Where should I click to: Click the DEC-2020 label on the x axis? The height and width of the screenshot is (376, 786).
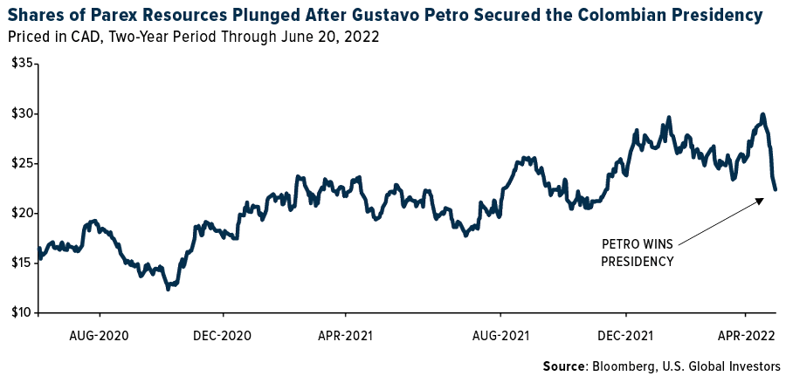[224, 335]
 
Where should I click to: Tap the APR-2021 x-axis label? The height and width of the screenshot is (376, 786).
[346, 335]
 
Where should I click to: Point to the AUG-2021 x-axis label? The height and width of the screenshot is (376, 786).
[500, 335]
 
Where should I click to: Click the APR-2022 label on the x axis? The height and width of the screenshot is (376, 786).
[745, 335]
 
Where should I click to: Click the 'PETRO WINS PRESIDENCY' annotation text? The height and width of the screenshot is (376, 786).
[638, 252]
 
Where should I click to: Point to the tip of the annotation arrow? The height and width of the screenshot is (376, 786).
[762, 199]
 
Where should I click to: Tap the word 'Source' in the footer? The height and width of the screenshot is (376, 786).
[565, 365]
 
